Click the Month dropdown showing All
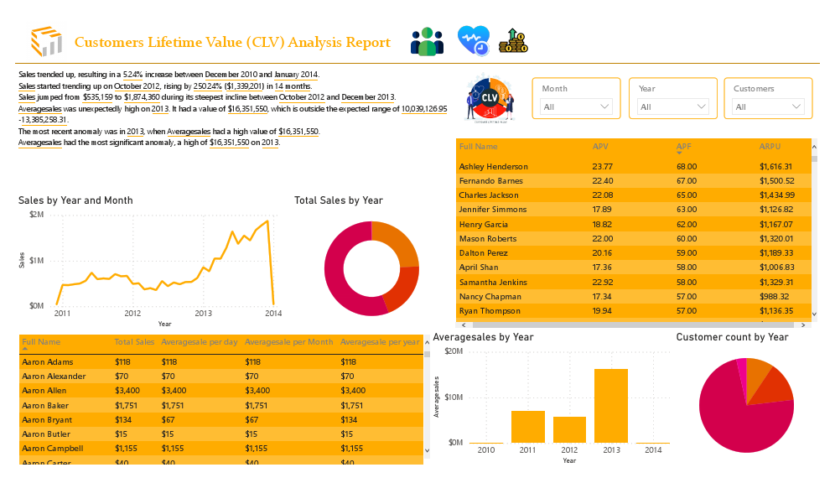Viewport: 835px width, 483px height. click(x=576, y=106)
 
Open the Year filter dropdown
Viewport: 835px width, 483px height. click(x=673, y=106)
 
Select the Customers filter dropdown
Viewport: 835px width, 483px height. click(x=768, y=106)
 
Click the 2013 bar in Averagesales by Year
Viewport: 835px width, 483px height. click(x=610, y=406)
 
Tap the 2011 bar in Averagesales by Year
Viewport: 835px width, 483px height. click(x=527, y=427)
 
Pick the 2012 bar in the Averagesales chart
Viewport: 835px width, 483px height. click(x=569, y=429)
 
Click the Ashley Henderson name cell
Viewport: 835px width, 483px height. click(x=493, y=166)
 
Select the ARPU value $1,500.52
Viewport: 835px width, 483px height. click(x=776, y=181)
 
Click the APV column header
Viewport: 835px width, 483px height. click(x=600, y=146)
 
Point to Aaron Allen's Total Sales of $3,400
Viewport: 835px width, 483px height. click(x=128, y=391)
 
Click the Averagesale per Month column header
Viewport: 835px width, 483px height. click(x=288, y=342)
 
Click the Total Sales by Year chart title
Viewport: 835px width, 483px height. click(x=338, y=200)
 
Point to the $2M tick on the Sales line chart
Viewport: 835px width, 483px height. click(x=36, y=215)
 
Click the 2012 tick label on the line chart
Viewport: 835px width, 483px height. click(x=132, y=314)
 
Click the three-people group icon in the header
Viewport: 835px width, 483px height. click(x=427, y=42)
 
